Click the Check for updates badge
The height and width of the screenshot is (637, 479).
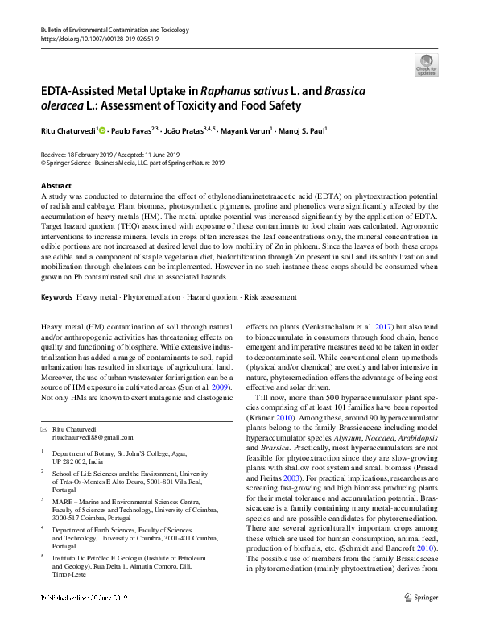tap(427, 64)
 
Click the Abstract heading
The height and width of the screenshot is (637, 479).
tap(56, 184)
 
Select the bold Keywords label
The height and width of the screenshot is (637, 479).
tap(56, 298)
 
